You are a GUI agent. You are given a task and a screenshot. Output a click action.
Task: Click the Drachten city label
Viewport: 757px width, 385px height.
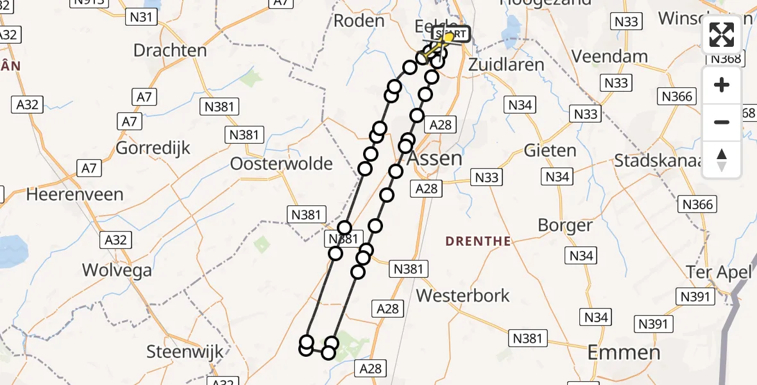pos(170,50)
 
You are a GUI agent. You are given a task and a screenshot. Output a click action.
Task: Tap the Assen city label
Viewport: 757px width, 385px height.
pos(435,158)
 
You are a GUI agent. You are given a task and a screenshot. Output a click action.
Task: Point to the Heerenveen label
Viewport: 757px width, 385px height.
pos(75,194)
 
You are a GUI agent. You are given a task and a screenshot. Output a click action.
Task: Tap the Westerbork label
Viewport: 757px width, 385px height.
pos(463,295)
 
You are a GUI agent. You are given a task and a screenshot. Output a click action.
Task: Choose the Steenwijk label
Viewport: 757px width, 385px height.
pos(185,352)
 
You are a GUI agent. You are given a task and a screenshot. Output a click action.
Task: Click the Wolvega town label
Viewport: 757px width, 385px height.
pos(117,270)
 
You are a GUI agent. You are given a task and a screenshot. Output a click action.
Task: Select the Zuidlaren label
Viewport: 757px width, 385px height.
pos(506,65)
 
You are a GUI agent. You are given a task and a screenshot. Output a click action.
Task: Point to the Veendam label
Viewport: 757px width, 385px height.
pos(609,56)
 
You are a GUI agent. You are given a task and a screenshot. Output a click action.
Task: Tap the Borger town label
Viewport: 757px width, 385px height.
pos(565,225)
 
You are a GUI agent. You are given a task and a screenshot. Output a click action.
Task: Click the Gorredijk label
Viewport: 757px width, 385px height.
pos(153,148)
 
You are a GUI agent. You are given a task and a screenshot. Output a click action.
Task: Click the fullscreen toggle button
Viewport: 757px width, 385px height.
pos(722,35)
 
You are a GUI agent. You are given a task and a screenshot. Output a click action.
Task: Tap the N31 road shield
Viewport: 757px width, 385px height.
pos(140,17)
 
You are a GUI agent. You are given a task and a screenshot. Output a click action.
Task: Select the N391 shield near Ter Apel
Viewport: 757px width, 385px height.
pos(695,296)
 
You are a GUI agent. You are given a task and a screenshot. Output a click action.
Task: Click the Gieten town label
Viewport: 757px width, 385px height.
pos(550,150)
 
